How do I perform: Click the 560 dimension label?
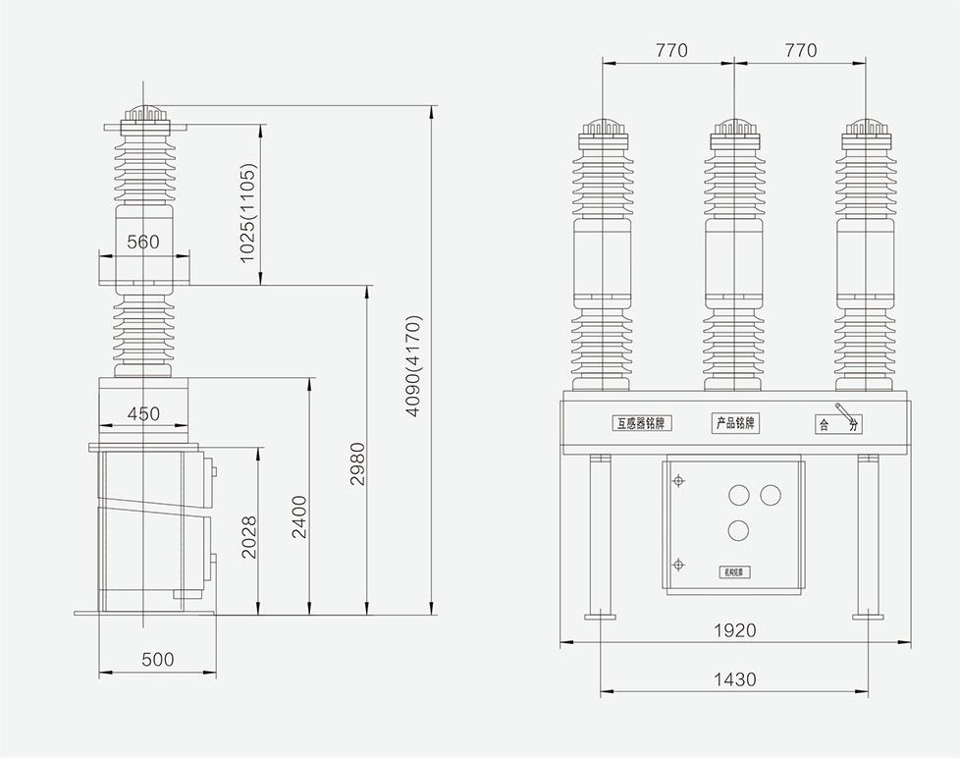[143, 242]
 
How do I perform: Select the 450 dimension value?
[143, 413]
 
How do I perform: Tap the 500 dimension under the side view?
[157, 660]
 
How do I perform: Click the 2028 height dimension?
[248, 537]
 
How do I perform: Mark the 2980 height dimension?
[357, 464]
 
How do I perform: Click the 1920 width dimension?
[734, 630]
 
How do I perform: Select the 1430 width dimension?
[734, 678]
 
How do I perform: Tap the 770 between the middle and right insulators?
[800, 50]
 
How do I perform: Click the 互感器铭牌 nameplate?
[642, 424]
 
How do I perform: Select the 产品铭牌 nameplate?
[735, 423]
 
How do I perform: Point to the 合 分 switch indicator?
[838, 424]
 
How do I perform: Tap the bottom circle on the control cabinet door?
[739, 531]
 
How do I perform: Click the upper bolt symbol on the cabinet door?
[677, 480]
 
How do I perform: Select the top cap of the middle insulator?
[734, 129]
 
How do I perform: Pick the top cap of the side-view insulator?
[144, 116]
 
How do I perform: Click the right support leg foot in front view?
[866, 616]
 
